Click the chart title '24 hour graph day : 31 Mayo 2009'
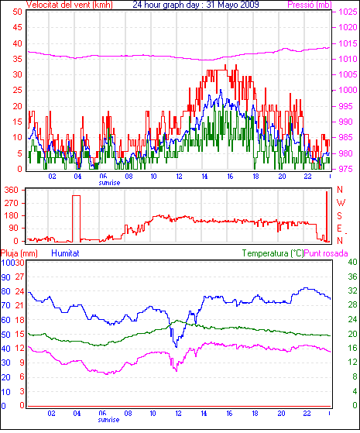pos(196,5)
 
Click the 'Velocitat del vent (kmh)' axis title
pos(69,5)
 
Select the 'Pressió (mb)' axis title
pos(310,5)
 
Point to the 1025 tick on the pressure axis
pos(348,12)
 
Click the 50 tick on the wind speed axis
pos(17,12)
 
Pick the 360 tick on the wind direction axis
pos(12,190)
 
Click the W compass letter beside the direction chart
pos(341,203)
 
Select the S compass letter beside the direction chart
pos(340,215)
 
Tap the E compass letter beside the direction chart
pos(340,229)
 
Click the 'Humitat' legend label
pos(66,253)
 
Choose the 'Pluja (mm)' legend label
pos(19,253)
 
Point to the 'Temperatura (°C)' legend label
pos(273,253)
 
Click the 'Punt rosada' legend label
pos(326,253)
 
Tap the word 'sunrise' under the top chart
pos(109,183)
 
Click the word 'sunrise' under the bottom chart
pos(108,420)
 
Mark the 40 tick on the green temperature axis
pos(352,262)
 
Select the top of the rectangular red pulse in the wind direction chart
pos(77,195)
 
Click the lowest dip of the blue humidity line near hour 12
pos(177,346)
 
